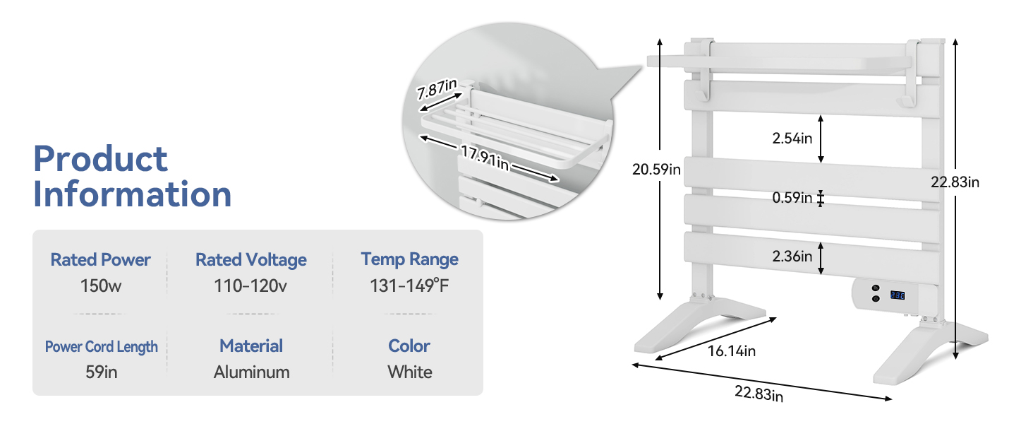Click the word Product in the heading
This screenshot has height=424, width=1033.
[x=101, y=160]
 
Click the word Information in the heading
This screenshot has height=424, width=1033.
[x=133, y=195]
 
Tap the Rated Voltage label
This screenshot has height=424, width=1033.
[x=251, y=260]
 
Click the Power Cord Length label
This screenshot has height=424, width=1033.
[x=102, y=347]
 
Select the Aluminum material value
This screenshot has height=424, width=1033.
[x=251, y=372]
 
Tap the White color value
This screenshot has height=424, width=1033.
[x=409, y=372]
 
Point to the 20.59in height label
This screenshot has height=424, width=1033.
[x=657, y=170]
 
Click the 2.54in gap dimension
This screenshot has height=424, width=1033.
[x=792, y=139]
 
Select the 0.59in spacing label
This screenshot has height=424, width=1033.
[x=792, y=198]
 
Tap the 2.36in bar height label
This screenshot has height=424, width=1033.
[x=792, y=257]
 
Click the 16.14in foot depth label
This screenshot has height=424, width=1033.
[x=732, y=351]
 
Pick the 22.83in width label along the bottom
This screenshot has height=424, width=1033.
[x=759, y=394]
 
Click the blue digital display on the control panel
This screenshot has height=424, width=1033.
[x=897, y=295]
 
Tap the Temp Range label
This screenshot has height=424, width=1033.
[x=409, y=259]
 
